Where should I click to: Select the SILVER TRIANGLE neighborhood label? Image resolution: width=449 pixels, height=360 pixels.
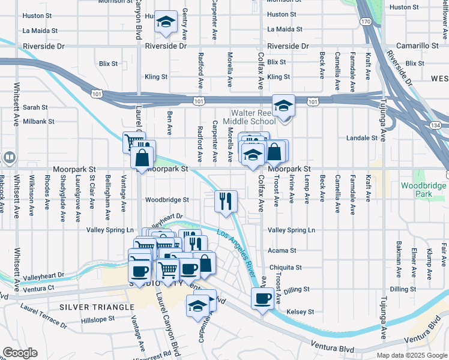click(96, 307)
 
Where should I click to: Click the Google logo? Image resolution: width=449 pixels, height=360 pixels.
click(19, 353)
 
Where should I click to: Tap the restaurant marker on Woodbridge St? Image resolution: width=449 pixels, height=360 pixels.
click(226, 202)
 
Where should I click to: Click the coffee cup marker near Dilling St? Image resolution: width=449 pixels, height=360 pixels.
click(262, 298)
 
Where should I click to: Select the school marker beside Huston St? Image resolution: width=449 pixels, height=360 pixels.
click(166, 22)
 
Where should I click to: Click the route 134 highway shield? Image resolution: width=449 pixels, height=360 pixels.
click(435, 125)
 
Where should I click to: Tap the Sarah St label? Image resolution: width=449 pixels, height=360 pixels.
click(35, 107)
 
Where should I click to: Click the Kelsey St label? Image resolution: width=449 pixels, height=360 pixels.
click(301, 311)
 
